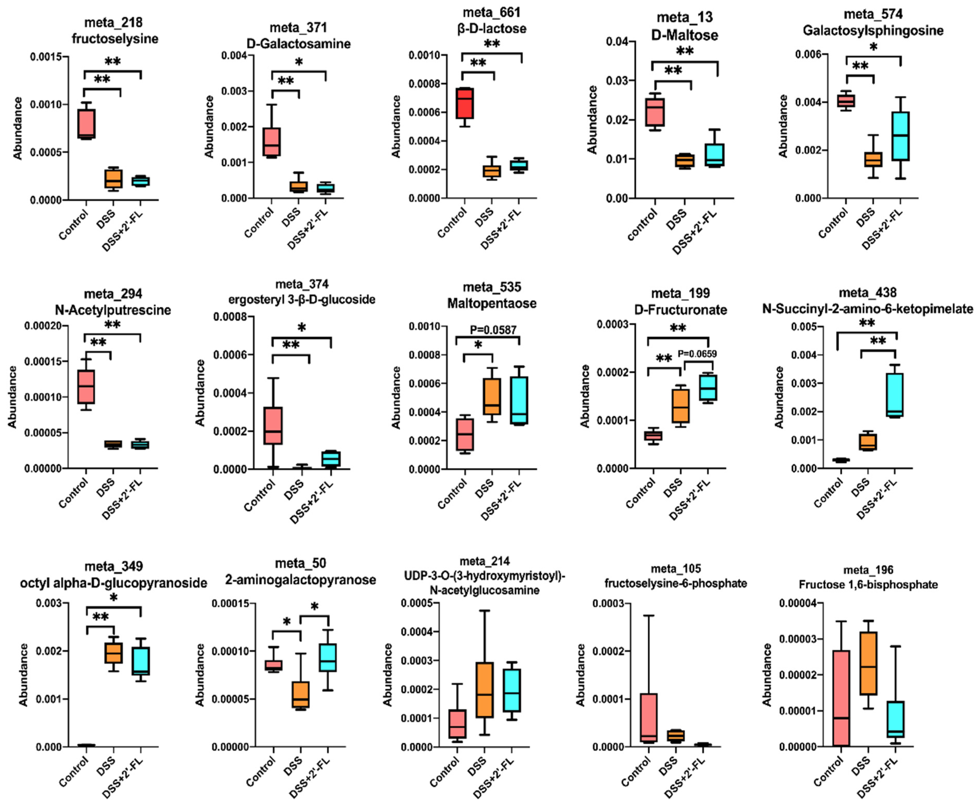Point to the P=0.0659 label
(697, 354)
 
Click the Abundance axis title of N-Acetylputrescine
(12, 397)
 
